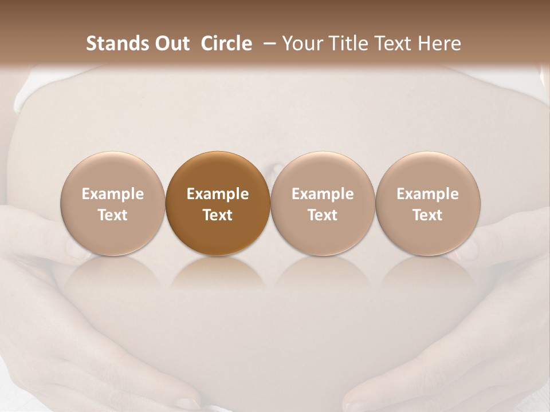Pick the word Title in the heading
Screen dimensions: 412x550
[349, 43]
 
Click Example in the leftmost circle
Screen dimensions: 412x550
[113, 194]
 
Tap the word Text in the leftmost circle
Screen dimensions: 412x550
[113, 215]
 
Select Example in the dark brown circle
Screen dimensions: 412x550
[218, 194]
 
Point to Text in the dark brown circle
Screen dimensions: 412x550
[218, 215]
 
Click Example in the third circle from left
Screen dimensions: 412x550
[323, 194]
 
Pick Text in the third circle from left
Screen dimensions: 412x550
[323, 215]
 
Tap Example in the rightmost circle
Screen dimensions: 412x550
[428, 194]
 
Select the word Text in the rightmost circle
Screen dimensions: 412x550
[428, 215]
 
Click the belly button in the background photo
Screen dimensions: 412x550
[274, 169]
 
